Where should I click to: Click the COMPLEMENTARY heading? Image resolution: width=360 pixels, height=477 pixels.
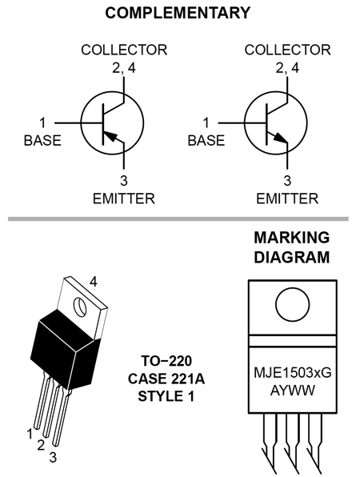pyautogui.click(x=178, y=13)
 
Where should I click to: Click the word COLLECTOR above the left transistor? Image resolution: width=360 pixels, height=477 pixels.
pyautogui.click(x=124, y=50)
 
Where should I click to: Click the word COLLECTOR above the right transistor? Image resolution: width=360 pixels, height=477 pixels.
pyautogui.click(x=287, y=50)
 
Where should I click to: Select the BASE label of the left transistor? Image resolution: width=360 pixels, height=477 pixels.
pyautogui.click(x=42, y=141)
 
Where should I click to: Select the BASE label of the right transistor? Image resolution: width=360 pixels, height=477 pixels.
pyautogui.click(x=206, y=141)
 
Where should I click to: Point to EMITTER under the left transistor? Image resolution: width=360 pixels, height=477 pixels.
pyautogui.click(x=124, y=198)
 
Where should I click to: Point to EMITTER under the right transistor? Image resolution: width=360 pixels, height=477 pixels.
pyautogui.click(x=287, y=198)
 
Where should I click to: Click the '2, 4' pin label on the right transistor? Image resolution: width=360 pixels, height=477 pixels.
pyautogui.click(x=287, y=68)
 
